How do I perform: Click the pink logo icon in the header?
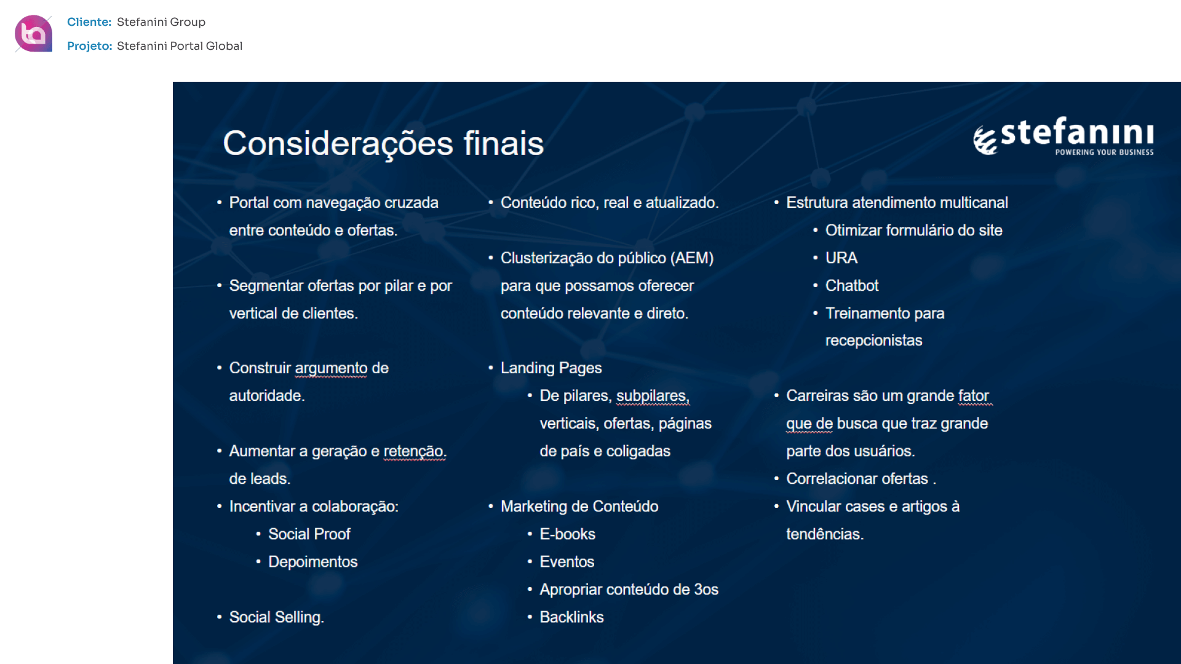pos(33,33)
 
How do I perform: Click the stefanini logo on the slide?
pos(1063,136)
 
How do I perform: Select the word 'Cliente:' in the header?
pos(89,22)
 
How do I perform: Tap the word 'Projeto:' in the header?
pos(90,46)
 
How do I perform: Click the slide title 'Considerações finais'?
pos(383,143)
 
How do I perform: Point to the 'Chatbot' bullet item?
pos(852,286)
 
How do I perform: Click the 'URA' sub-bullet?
pos(841,258)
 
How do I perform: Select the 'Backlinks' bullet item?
pos(571,617)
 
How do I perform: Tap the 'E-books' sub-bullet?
pos(567,534)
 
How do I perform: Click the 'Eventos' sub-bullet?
pos(567,562)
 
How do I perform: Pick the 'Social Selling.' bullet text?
pos(277,617)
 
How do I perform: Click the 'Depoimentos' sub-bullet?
pos(312,562)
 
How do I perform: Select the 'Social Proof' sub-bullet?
pos(309,534)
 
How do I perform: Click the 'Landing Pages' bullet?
pos(551,368)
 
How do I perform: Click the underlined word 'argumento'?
pos(331,369)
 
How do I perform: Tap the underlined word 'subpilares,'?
pos(653,397)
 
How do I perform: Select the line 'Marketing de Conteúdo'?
pos(579,507)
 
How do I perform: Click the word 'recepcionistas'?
pos(873,341)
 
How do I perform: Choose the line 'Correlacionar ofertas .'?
pos(861,479)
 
